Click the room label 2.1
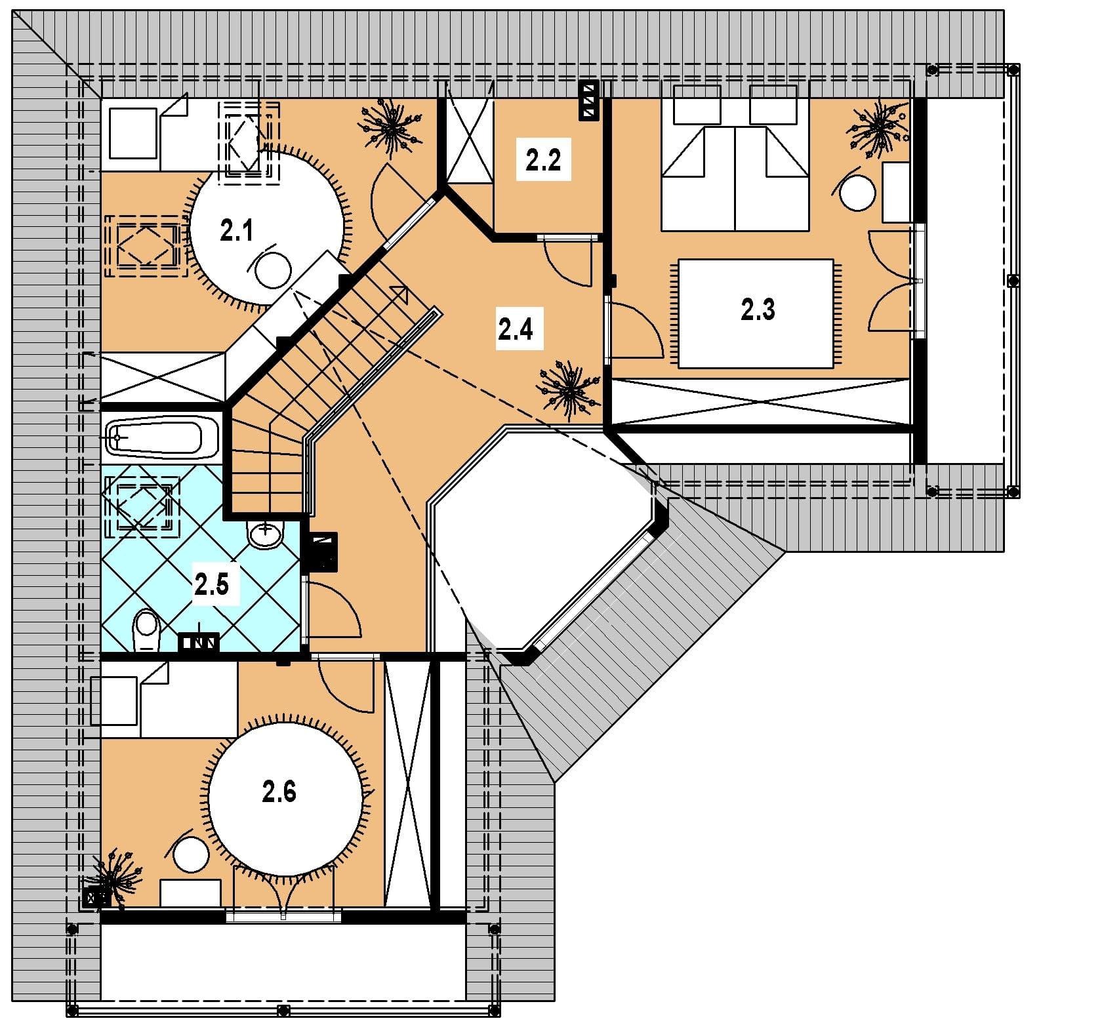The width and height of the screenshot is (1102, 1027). (236, 231)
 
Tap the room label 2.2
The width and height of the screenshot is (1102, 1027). (543, 159)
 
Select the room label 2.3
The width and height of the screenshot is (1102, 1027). (758, 309)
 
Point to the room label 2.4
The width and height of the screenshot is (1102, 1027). (516, 329)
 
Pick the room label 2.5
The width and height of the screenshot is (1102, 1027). (211, 584)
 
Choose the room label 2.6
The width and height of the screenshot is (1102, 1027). (279, 792)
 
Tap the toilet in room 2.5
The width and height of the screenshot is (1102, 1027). (146, 630)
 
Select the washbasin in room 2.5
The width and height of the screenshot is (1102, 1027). (266, 533)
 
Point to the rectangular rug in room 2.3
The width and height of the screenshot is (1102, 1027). (756, 313)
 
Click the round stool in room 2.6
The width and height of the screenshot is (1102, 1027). (191, 854)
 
